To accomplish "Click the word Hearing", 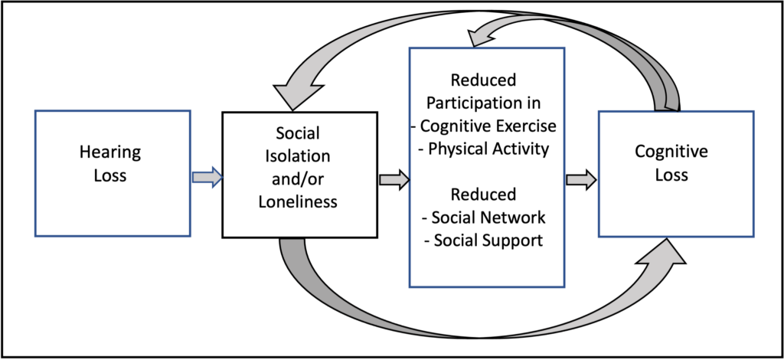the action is pos(110,152).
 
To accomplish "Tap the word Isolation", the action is pos(298,156).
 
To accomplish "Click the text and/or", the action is pos(298,178).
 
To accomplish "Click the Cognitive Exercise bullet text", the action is pos(484,126).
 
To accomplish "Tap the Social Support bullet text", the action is pos(484,240).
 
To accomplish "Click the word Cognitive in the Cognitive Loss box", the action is pos(671,152).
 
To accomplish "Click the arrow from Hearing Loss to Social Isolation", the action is pos(207,178).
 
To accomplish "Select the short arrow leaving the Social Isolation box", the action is pos(394,179).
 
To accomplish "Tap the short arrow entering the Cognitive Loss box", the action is pos(581,179).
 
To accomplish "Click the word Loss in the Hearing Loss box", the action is pos(110,175).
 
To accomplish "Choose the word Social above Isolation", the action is pos(298,133).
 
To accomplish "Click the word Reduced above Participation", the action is pos(483,80).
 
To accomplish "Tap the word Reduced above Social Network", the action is pos(483,194).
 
